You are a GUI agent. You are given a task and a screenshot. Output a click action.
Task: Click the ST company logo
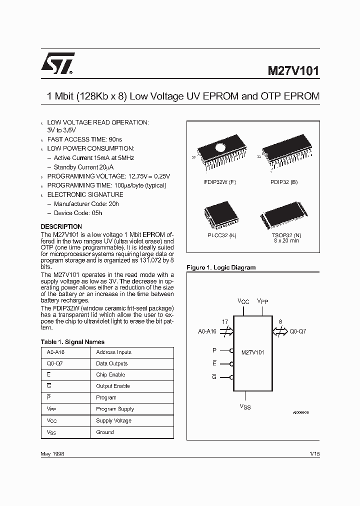(x=58, y=63)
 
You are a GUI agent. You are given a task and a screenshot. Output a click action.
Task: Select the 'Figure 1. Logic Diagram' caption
(x=221, y=267)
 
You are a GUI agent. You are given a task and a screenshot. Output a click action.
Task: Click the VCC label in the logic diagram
(x=243, y=301)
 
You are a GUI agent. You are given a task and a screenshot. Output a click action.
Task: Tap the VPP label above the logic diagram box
(x=262, y=301)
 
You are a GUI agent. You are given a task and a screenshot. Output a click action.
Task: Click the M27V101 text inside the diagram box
(x=252, y=352)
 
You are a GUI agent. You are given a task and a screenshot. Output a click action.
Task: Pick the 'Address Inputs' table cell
(x=113, y=352)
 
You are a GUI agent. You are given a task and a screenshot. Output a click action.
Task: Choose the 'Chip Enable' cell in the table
(x=110, y=375)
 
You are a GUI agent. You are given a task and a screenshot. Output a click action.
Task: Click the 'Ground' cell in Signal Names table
(x=105, y=432)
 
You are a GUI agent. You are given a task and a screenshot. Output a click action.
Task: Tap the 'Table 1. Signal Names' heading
(x=72, y=342)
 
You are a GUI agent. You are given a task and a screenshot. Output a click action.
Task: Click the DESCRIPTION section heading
(x=61, y=226)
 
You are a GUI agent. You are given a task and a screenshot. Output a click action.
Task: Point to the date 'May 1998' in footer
(x=52, y=453)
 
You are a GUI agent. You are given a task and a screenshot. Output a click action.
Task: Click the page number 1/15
(x=314, y=453)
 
